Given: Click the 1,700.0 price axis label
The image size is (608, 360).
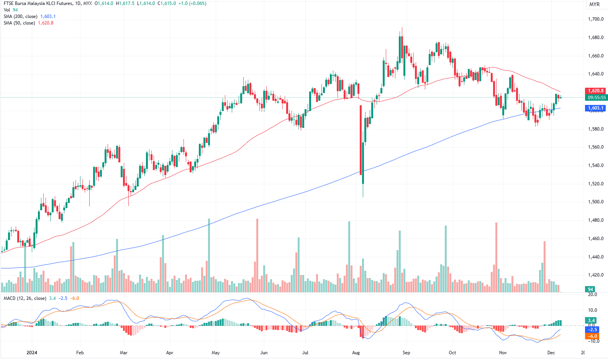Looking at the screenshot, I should (x=595, y=19).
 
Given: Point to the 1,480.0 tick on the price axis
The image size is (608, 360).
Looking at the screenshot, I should (x=595, y=220).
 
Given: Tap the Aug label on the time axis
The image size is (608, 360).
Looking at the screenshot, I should (x=356, y=353).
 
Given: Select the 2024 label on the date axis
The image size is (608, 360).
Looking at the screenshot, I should (x=32, y=353).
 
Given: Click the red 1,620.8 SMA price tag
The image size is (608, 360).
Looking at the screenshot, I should (x=596, y=91).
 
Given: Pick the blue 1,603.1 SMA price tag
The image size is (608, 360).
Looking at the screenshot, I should (x=596, y=108).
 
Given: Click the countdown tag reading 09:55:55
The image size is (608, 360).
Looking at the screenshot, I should (x=597, y=98).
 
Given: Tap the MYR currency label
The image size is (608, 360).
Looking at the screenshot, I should (x=595, y=4).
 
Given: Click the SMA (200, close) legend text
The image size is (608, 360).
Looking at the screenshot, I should (x=20, y=16).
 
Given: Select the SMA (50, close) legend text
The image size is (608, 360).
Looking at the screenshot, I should (x=19, y=23).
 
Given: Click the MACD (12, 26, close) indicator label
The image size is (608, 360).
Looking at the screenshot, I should (x=25, y=298).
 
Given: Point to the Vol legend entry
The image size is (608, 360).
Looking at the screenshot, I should (x=7, y=10).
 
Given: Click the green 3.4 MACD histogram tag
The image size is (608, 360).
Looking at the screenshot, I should (x=591, y=321).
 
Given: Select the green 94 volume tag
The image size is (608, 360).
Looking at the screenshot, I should (x=590, y=290).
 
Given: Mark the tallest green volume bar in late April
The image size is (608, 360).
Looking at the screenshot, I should (x=209, y=255).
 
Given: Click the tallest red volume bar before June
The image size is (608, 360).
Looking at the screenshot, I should (x=257, y=255).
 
